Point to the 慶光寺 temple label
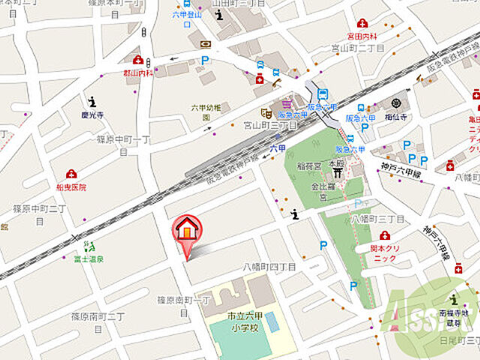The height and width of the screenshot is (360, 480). pyautogui.click(x=92, y=115)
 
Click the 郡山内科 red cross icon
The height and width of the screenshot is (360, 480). pyautogui.click(x=138, y=59)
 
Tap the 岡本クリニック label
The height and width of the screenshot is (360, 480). pyautogui.click(x=385, y=253)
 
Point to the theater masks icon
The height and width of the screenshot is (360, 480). pyautogui.click(x=265, y=113)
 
